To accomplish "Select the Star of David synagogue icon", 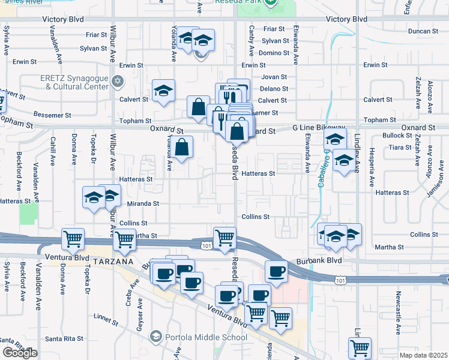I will point(118,80).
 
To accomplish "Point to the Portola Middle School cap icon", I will point(156,335).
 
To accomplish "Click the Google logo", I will point(20,353).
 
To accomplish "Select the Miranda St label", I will point(143,204).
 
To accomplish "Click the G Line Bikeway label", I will point(319,128).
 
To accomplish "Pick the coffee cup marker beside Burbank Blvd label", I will point(276,272).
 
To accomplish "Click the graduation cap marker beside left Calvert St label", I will point(163,91).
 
